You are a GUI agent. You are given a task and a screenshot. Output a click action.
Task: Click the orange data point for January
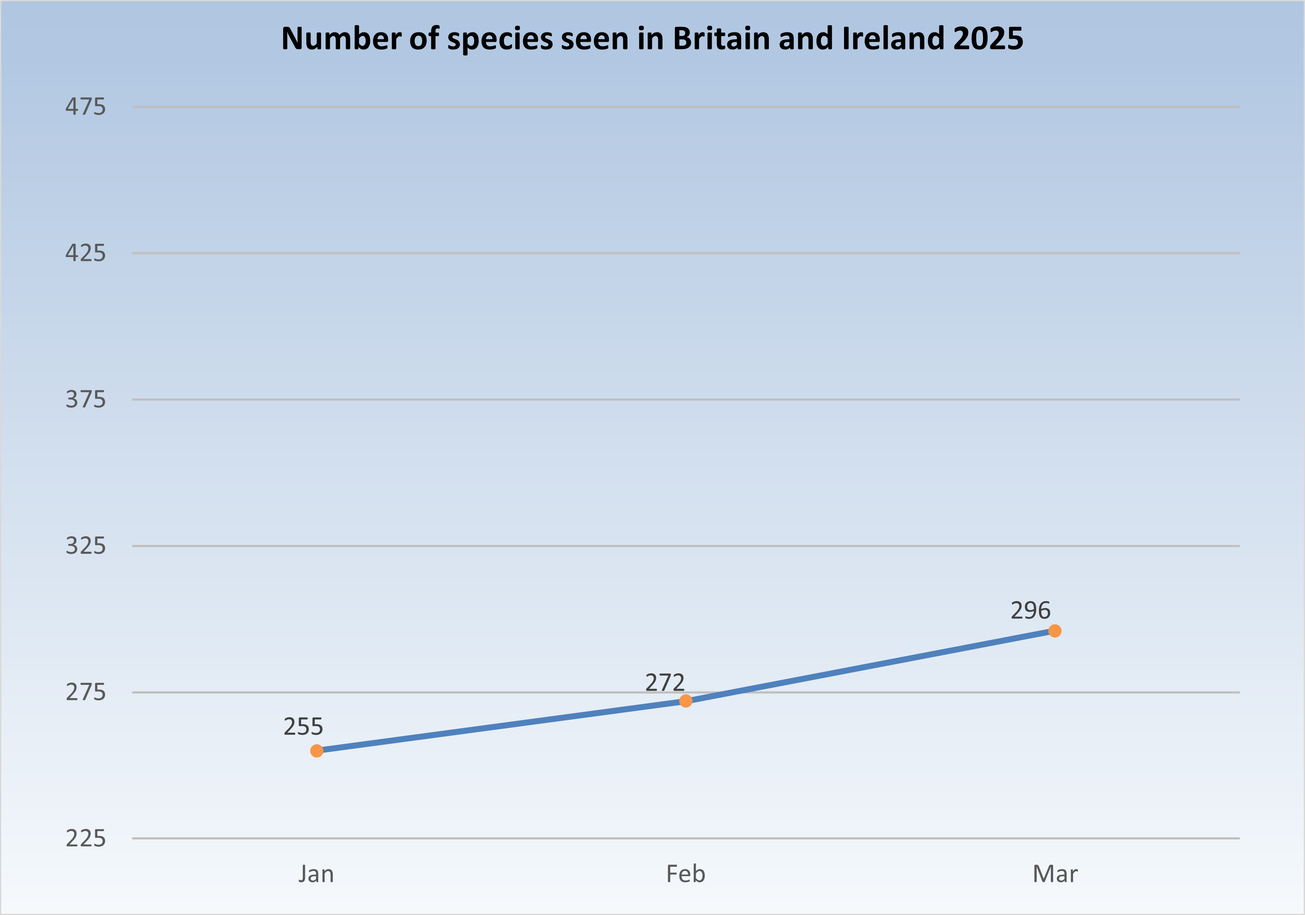pos(317,751)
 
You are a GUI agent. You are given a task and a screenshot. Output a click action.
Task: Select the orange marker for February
pos(686,701)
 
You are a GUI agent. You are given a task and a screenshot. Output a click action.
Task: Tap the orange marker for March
pos(1054,631)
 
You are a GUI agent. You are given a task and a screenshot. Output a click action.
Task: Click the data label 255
pos(303,726)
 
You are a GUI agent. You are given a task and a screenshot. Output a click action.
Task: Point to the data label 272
pos(664,682)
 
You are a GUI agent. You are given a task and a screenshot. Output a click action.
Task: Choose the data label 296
pos(1030,610)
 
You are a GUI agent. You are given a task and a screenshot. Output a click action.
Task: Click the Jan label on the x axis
pos(316,874)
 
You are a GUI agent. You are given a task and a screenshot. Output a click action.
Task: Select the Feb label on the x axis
pos(686,874)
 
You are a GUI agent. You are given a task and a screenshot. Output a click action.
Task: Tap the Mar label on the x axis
pos(1054,874)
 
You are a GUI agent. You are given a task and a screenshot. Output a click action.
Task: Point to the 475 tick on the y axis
pos(85,107)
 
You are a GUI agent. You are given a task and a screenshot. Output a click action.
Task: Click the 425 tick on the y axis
pos(85,253)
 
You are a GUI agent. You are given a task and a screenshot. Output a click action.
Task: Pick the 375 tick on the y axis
pos(85,400)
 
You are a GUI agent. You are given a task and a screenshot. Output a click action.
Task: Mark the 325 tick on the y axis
pos(85,546)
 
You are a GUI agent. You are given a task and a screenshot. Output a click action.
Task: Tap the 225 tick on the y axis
pos(85,838)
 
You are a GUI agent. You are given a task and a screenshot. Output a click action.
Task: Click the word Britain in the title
pos(721,38)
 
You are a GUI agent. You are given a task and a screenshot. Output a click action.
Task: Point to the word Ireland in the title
pos(892,38)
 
